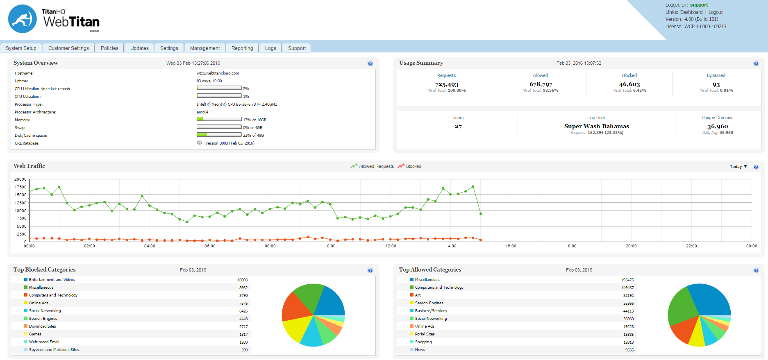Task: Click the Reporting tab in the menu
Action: (242, 48)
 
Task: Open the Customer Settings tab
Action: (68, 48)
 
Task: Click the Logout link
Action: (716, 12)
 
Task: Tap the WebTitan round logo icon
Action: (23, 19)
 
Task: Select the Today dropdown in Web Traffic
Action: (738, 167)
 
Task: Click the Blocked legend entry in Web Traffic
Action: (413, 166)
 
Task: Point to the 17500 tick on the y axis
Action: (20, 187)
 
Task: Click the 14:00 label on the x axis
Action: (451, 246)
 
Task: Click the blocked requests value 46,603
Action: (629, 84)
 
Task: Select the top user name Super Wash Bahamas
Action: (596, 126)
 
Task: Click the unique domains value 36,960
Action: (717, 127)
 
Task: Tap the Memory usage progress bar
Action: (219, 119)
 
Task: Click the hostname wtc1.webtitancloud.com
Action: (218, 73)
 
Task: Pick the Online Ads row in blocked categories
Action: (39, 303)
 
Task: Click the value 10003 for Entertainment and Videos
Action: (242, 280)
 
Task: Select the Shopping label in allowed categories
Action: (423, 342)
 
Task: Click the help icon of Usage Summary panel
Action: (756, 63)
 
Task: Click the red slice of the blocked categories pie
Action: (294, 307)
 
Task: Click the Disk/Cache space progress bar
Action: (219, 135)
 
